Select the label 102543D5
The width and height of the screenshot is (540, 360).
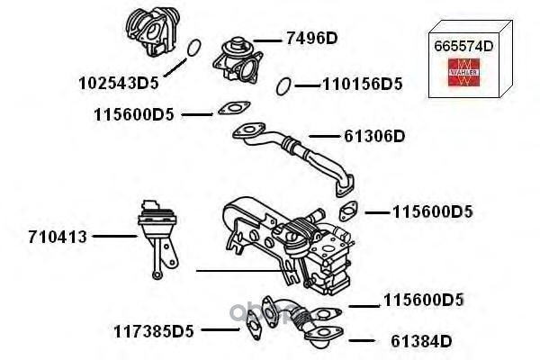click(x=118, y=83)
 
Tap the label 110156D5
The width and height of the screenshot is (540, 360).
click(x=362, y=85)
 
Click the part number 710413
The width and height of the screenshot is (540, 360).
click(x=58, y=238)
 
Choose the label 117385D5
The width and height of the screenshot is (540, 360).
click(x=154, y=330)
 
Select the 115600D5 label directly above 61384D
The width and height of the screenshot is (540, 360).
click(x=423, y=300)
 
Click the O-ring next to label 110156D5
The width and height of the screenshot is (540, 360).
click(x=283, y=85)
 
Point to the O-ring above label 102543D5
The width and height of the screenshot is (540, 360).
click(x=192, y=49)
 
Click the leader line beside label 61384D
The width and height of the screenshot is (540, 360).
click(x=360, y=340)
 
